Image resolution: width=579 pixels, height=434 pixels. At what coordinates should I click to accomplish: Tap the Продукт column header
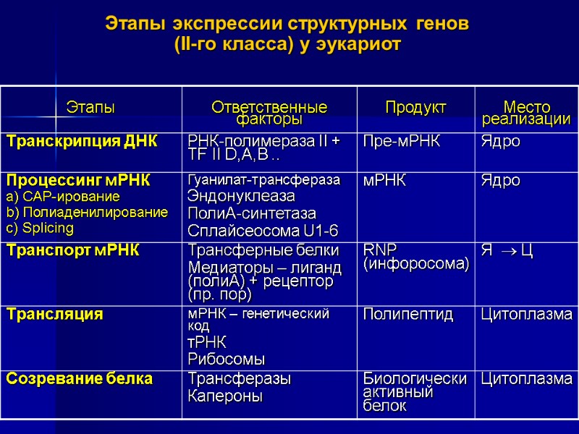tap(415, 108)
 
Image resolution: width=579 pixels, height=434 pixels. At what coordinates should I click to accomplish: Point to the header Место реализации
tap(526, 113)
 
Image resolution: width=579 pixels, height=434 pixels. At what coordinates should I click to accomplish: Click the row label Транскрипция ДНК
tap(81, 140)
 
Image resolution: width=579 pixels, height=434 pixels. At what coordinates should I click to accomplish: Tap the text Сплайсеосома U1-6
tap(263, 231)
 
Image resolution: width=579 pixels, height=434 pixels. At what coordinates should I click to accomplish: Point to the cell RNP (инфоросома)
tap(415, 258)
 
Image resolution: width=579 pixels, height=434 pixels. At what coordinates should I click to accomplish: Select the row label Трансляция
tap(55, 314)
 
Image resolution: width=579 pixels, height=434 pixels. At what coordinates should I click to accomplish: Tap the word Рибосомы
tap(226, 359)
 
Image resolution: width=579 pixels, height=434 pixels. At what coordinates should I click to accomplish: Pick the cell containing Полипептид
tap(408, 314)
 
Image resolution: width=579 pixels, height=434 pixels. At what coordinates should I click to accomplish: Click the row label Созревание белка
tap(80, 378)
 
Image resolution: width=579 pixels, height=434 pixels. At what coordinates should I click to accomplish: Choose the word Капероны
tap(225, 396)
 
